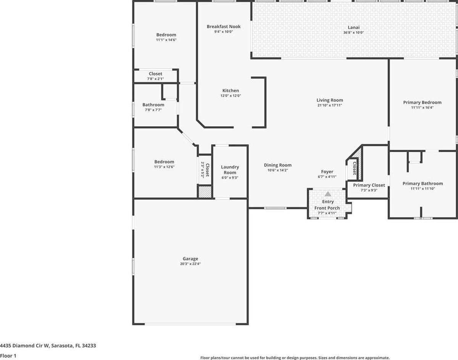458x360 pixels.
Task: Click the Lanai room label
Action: coord(353,27)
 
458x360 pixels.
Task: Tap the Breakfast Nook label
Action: coord(224,27)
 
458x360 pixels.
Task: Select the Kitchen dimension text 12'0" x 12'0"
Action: coord(231,96)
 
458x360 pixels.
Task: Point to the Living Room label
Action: coord(330,100)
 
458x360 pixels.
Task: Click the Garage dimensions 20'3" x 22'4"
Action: coord(190,264)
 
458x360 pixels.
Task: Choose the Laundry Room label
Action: coord(230,170)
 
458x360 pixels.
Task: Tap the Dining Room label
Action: coord(278,165)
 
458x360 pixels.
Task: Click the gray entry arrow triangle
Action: coord(328,194)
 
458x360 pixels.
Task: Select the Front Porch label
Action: coord(327,208)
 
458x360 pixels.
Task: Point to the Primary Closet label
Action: coord(369,185)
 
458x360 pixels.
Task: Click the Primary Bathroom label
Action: coord(423,183)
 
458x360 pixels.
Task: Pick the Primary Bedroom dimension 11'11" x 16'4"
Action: coord(422,108)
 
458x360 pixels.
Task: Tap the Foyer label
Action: coord(327,172)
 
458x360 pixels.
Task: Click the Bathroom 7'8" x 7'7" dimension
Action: coord(153,110)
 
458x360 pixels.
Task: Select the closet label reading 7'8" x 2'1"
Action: coord(155,79)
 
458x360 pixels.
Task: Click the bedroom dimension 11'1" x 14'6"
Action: coord(166,40)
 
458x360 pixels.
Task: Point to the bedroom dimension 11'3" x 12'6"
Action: coord(164,167)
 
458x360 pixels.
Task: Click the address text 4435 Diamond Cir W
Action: coord(24,346)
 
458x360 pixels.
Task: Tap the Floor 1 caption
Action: coord(8,356)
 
